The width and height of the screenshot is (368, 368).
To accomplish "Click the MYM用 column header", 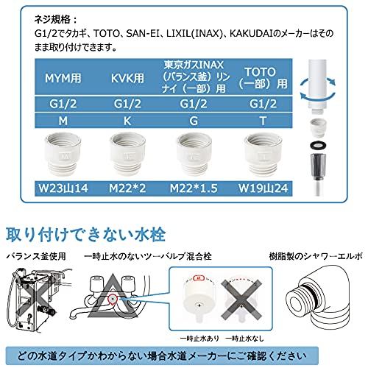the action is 63,78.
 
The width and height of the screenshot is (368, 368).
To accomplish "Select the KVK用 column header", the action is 127,78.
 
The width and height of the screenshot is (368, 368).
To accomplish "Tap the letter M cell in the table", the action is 63,121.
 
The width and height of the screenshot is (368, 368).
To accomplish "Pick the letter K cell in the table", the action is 127,121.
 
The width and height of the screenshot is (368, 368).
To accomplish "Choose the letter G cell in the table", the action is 194,121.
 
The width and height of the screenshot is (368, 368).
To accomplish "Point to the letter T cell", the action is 263,121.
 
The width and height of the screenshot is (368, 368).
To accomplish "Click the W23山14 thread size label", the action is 63,188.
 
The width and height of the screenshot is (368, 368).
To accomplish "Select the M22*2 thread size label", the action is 127,188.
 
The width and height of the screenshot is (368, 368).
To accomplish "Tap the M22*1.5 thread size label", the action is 194,188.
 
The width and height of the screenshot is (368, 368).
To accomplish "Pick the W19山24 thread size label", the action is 263,188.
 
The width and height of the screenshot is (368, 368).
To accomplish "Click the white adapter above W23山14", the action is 63,154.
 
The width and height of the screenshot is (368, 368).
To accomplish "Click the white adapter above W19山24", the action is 263,154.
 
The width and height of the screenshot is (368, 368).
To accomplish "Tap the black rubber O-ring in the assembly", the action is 319,145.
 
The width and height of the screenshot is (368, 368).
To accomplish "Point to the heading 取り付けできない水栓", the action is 85,235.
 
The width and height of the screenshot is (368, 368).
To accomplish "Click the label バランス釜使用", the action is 36,256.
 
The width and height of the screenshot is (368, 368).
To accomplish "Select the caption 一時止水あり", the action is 199,339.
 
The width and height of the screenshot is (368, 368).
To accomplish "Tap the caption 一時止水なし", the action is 244,339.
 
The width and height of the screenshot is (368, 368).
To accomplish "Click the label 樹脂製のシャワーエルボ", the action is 316,256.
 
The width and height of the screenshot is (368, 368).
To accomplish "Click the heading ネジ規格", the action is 55,19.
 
